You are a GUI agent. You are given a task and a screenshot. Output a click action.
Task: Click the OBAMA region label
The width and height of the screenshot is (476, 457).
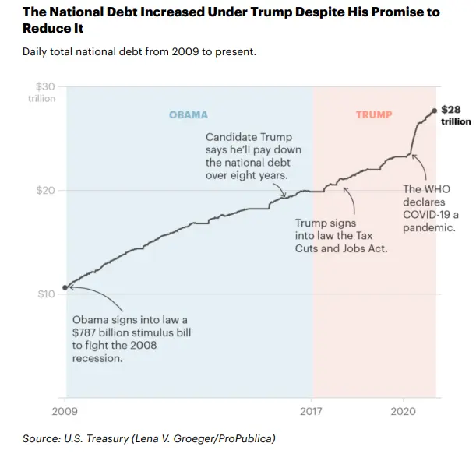click(x=189, y=115)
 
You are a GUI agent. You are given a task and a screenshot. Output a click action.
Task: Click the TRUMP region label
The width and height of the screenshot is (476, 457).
click(x=374, y=115)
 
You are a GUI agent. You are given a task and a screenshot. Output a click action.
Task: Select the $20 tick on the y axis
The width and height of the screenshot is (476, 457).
click(x=45, y=191)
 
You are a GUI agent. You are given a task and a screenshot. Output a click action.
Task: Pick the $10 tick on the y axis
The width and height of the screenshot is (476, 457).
click(x=45, y=294)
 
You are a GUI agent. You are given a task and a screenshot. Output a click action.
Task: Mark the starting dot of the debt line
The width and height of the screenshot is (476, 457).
click(x=65, y=287)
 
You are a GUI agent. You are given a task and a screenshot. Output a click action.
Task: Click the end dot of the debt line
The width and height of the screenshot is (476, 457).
click(x=434, y=111)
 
